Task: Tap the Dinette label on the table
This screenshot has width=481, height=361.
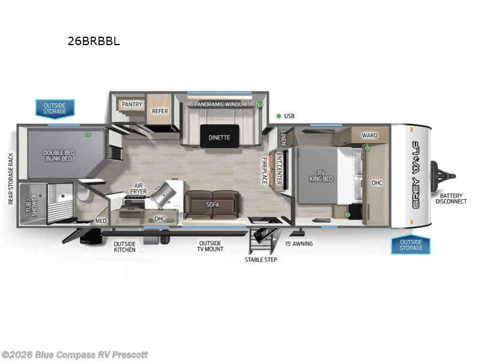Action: tap(219, 137)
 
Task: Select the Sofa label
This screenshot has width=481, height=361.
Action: tap(212, 205)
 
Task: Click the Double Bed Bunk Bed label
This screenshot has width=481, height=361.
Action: tap(57, 155)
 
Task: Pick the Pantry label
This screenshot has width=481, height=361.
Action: tap(132, 105)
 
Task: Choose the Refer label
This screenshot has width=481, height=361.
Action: tap(159, 111)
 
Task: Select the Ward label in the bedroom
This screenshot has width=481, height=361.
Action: tap(369, 135)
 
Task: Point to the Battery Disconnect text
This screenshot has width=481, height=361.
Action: tap(452, 198)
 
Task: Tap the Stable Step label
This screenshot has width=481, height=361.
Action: tap(261, 260)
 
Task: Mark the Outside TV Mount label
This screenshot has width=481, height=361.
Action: tap(211, 246)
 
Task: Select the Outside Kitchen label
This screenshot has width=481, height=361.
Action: tap(124, 246)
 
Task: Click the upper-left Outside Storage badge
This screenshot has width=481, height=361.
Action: tap(54, 109)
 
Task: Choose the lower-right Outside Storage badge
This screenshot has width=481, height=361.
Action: tap(411, 244)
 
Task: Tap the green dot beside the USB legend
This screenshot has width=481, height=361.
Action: tap(279, 116)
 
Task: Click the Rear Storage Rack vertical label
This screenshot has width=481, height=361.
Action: tap(11, 178)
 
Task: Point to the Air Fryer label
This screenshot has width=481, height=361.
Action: tap(138, 188)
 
